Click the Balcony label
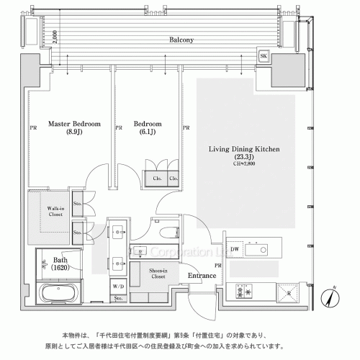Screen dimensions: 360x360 [181, 41]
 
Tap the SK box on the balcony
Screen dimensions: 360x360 [263, 56]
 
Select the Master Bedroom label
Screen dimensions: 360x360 [74, 124]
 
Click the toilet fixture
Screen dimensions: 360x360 [169, 231]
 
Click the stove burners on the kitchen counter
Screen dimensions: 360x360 [240, 292]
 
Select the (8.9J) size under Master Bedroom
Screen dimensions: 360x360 [73, 132]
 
